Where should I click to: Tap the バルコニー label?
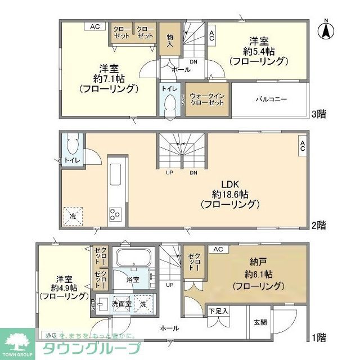tap(272, 99)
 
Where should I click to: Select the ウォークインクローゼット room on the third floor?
tap(207, 100)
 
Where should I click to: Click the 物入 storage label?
tap(169, 39)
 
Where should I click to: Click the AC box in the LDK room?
tap(301, 146)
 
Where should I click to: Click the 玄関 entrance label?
tap(260, 322)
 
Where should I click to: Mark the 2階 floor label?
tap(318, 225)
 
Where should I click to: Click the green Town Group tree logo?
tap(17, 343)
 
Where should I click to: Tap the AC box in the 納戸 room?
tap(218, 249)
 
